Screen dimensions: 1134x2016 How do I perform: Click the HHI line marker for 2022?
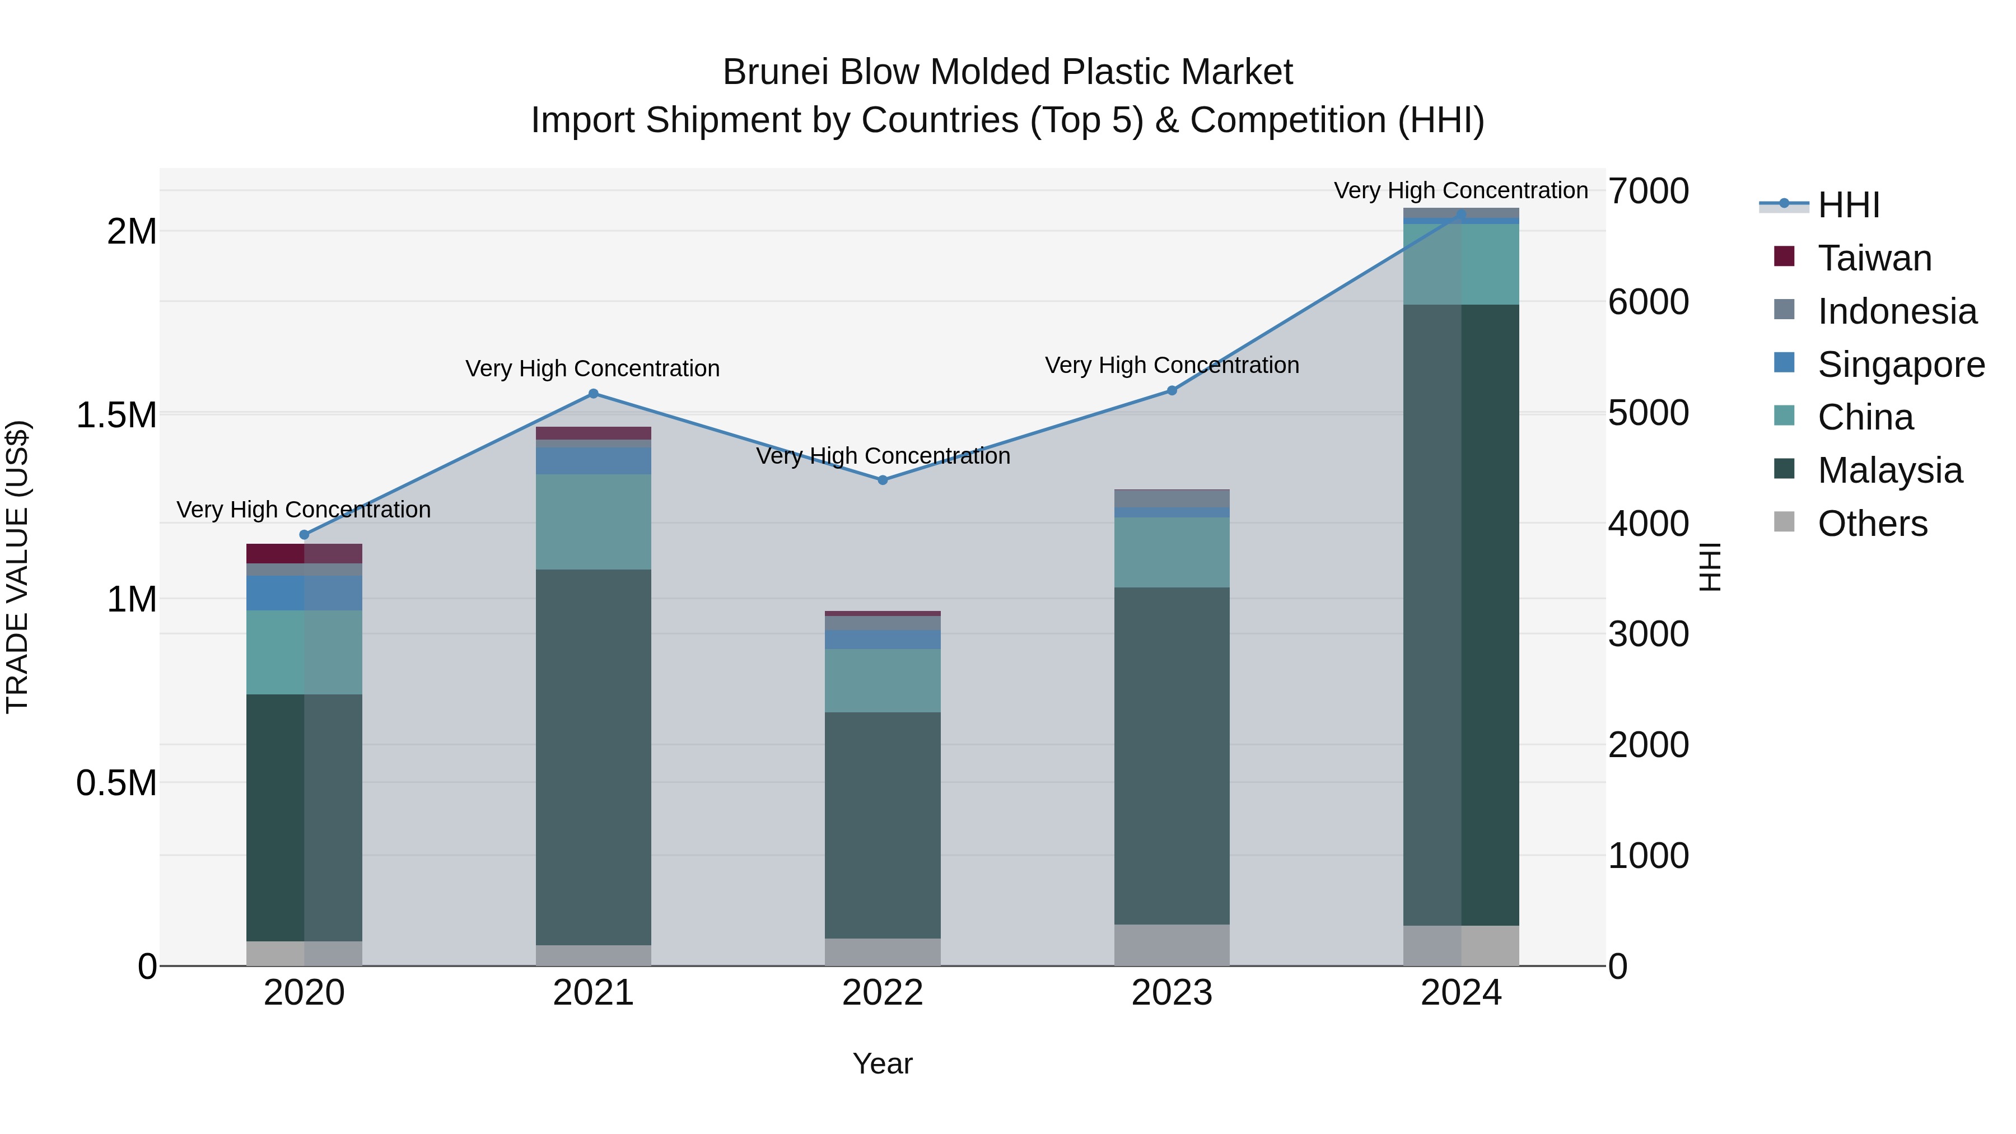tap(883, 480)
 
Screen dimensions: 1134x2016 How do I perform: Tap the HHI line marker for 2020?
tap(305, 535)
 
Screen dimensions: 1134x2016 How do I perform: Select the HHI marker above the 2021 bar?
tap(593, 394)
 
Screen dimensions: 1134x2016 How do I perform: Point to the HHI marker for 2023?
tap(1172, 390)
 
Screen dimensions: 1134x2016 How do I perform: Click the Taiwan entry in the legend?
tap(1874, 258)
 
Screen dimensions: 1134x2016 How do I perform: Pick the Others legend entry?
tap(1872, 524)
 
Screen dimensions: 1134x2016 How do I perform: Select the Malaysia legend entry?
tap(1889, 470)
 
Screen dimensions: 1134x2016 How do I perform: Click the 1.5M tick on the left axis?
tap(116, 415)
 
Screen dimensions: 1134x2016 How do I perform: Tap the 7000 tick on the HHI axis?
tap(1648, 191)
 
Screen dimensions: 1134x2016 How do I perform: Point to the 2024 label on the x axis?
tap(1460, 993)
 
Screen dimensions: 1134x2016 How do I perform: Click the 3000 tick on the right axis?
tap(1648, 634)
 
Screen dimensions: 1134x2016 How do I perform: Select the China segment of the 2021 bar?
tap(593, 521)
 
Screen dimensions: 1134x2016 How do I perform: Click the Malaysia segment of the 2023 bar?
tap(1172, 755)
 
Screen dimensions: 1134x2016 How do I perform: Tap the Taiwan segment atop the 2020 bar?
tap(305, 553)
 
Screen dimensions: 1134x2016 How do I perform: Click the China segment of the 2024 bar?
tap(1460, 264)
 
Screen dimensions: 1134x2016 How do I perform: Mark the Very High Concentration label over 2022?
tap(883, 455)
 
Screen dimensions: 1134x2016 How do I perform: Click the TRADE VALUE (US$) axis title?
tap(17, 567)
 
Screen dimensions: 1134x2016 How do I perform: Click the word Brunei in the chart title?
tap(775, 72)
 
